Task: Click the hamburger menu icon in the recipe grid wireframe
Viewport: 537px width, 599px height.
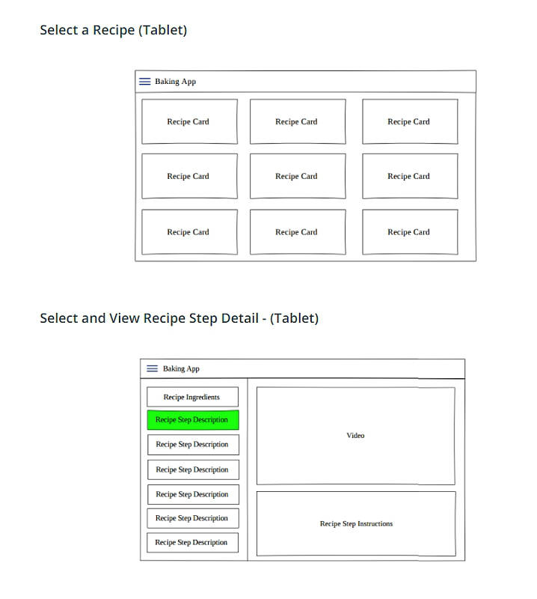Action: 144,82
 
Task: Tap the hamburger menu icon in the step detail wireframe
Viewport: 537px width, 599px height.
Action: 153,368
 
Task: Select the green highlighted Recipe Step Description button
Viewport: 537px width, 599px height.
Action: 193,420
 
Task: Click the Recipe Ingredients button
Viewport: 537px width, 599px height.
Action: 193,397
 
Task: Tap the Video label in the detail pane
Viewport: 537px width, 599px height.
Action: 355,436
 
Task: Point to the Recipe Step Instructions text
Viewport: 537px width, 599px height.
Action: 356,523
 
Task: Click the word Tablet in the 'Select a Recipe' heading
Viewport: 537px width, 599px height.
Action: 162,30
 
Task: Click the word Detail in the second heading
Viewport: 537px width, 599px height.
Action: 239,318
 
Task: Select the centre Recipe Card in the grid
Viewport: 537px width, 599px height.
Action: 298,176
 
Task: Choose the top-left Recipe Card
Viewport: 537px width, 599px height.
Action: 189,122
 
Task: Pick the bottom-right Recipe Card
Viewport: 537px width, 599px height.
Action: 410,232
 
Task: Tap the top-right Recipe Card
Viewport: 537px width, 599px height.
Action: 410,122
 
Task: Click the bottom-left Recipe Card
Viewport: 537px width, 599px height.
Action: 189,232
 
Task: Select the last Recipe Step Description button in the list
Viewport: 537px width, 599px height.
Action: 193,542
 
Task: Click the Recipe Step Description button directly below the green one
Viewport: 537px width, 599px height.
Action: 193,445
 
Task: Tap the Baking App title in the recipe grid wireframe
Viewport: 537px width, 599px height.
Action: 175,82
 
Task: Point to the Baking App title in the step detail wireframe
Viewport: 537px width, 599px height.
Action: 181,368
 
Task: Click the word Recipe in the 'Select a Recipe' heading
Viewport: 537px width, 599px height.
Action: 114,30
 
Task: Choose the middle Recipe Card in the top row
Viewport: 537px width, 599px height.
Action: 298,122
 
